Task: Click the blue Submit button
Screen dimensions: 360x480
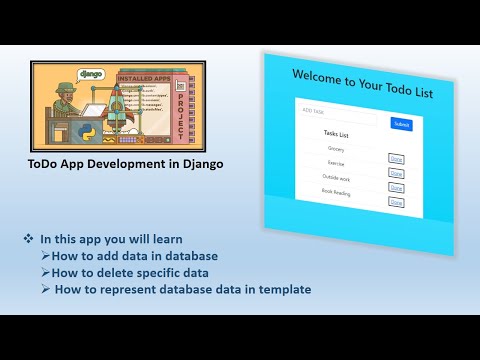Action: point(401,124)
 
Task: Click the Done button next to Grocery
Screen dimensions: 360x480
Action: point(396,157)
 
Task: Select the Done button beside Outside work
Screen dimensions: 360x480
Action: point(396,187)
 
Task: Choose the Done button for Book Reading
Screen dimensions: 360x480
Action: point(396,202)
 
